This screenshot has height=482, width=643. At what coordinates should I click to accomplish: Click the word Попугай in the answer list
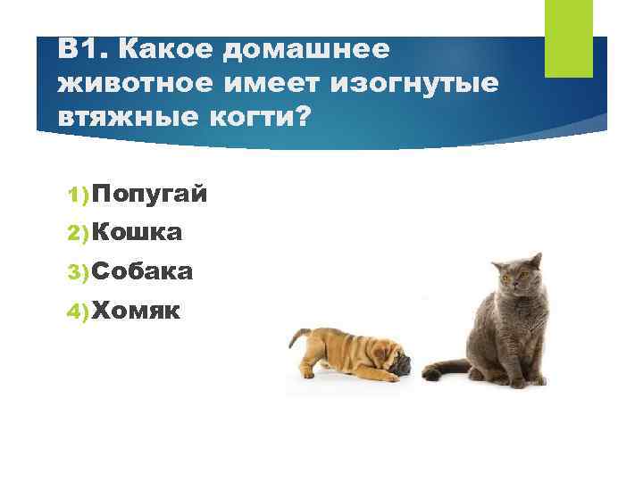pyautogui.click(x=149, y=194)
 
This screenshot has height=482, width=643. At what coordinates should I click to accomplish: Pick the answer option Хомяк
pyautogui.click(x=136, y=310)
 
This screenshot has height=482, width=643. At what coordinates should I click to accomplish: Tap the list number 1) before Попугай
pyautogui.click(x=78, y=195)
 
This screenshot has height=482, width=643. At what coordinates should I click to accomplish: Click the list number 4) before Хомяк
pyautogui.click(x=78, y=311)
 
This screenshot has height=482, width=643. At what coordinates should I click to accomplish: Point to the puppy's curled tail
pyautogui.click(x=295, y=337)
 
